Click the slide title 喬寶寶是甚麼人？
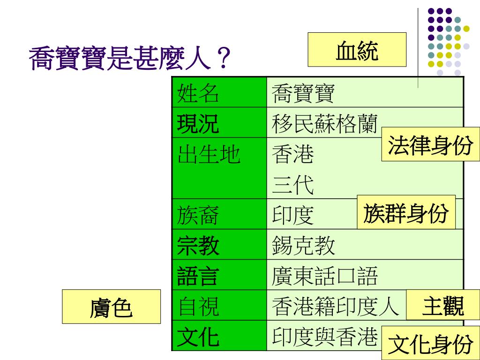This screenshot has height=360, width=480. click(130, 59)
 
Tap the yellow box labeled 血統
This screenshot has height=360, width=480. click(357, 50)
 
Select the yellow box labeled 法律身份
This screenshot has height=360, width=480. click(430, 146)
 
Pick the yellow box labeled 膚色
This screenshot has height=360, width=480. click(111, 307)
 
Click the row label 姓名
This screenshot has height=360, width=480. click(198, 93)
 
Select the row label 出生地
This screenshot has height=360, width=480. click(209, 154)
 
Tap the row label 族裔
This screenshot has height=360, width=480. click(198, 215)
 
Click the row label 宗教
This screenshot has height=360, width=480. click(198, 245)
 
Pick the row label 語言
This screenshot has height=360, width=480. click(198, 276)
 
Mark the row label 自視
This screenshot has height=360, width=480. click(198, 306)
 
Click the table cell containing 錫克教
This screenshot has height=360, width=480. click(304, 245)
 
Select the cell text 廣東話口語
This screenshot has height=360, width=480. click(324, 276)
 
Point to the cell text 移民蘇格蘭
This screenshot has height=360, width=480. click(324, 124)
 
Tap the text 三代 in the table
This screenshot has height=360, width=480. click(293, 185)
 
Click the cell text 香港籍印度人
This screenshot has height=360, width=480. click(335, 306)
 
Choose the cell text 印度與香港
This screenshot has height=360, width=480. click(324, 337)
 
